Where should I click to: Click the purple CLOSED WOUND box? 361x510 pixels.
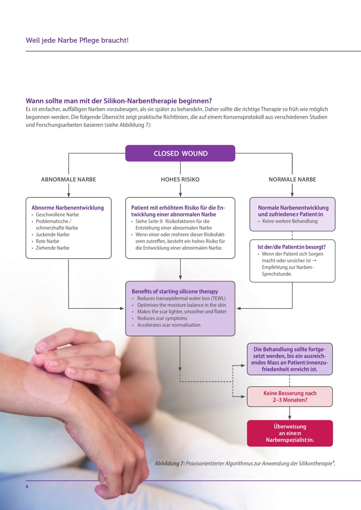(180, 153)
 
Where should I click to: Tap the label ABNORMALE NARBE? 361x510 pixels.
(69, 179)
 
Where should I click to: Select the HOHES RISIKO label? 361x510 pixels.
(180, 179)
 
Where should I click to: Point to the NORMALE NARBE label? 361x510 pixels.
(292, 179)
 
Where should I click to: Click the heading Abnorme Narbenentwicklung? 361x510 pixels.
(68, 208)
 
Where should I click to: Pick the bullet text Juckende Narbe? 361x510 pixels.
(53, 234)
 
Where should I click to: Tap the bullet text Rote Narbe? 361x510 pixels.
(48, 241)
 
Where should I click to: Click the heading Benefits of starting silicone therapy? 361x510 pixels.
(175, 291)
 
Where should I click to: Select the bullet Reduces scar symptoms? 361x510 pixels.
(162, 318)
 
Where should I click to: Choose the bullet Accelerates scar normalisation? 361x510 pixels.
(169, 325)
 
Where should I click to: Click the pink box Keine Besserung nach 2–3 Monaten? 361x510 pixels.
(290, 397)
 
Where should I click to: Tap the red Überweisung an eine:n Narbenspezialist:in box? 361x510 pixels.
(290, 433)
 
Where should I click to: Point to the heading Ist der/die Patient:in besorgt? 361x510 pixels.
(292, 247)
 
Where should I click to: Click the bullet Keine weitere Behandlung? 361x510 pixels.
(290, 221)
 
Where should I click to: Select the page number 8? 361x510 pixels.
(27, 487)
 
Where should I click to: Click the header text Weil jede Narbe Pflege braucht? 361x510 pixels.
(77, 40)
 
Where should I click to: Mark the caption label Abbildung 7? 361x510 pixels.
(170, 463)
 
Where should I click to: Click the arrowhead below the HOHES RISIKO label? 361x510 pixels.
(180, 194)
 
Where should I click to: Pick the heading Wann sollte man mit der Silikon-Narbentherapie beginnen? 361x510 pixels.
(119, 101)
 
